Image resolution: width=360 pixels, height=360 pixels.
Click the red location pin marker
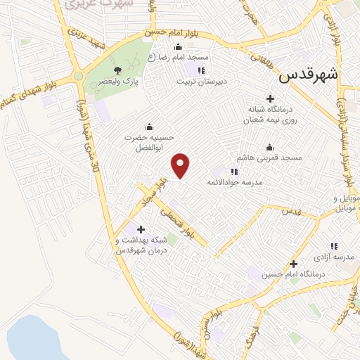(181, 165)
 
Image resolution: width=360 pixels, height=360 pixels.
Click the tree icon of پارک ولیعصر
(117, 70)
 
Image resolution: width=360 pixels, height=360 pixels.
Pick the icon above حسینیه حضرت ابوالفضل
(149, 127)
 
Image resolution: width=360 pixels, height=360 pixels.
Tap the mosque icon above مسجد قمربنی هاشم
(269, 147)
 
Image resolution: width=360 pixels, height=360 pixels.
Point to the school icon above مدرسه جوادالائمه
(235, 171)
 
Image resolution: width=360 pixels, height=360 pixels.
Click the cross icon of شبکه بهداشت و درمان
(141, 229)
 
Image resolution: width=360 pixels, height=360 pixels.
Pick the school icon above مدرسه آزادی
(334, 246)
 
